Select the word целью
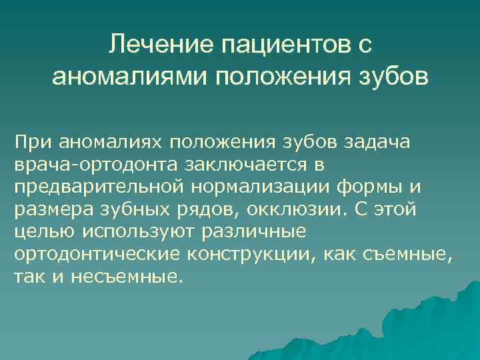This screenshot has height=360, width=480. coord(41,233)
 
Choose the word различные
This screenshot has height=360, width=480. coord(257,233)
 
